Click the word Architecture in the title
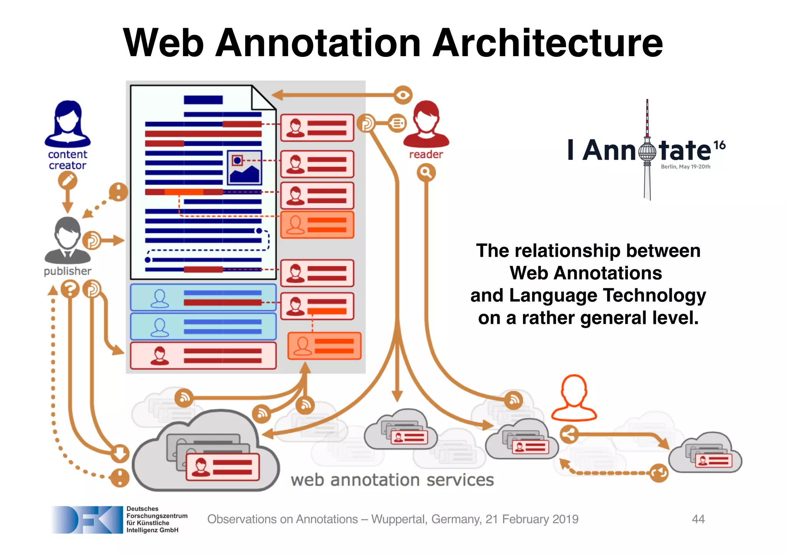tap(548, 43)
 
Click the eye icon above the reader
tap(403, 95)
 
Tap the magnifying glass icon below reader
tap(426, 173)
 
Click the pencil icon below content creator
tap(68, 180)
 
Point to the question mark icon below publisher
tap(70, 289)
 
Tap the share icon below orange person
tap(569, 435)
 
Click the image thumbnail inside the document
tap(244, 168)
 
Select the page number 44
tap(698, 519)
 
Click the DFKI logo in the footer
tap(87, 519)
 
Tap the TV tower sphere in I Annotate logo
tap(648, 151)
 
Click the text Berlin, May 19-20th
tap(685, 167)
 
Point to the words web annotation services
tap(392, 480)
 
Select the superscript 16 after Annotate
tap(719, 145)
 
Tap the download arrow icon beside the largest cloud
tap(120, 453)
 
